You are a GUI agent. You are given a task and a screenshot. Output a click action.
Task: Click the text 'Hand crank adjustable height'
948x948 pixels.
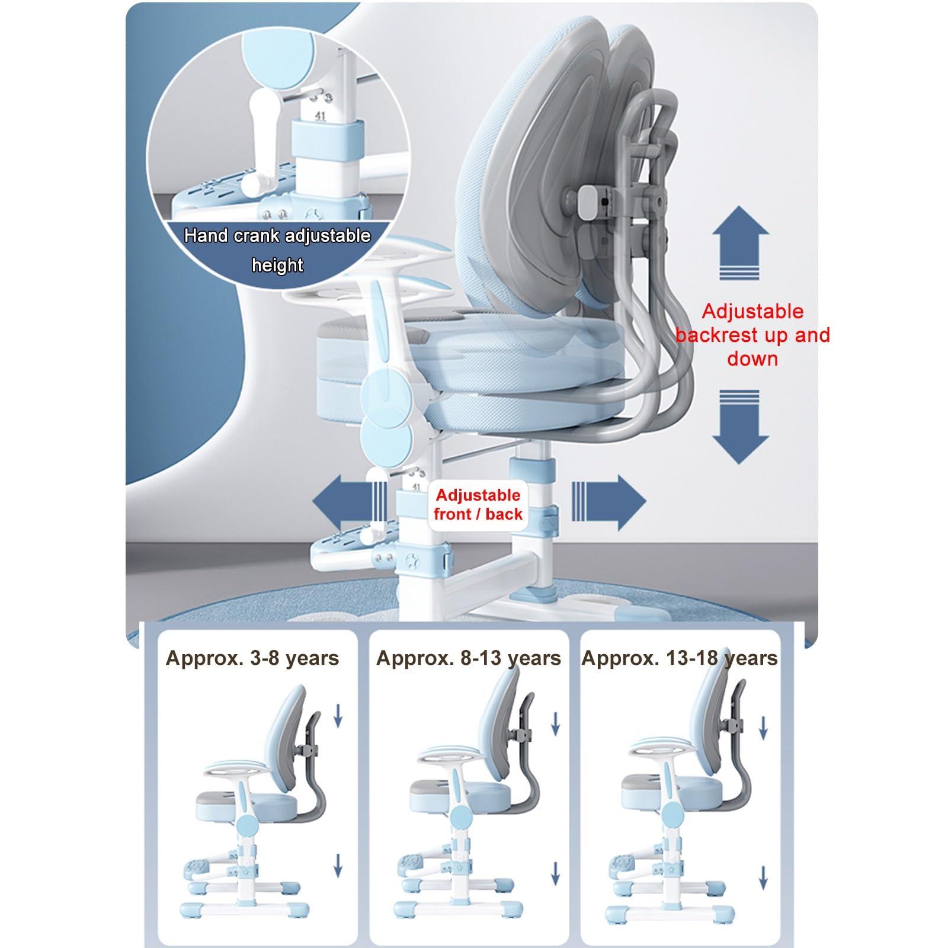(277, 250)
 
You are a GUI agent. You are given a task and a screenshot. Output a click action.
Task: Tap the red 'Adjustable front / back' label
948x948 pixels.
(478, 505)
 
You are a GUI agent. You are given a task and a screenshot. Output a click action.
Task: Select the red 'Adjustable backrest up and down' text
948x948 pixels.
(752, 335)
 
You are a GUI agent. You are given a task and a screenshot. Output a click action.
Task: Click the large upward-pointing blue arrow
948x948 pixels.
(741, 242)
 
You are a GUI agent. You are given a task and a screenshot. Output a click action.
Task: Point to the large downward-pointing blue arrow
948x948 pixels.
(741, 427)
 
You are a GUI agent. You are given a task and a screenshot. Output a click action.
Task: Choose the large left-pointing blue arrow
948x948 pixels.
(350, 502)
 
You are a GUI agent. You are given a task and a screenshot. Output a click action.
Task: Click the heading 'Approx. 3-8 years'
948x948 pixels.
(252, 658)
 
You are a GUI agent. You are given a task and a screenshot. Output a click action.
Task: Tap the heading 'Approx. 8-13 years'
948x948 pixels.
(469, 658)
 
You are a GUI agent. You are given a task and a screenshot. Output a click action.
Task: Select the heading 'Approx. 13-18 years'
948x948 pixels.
(680, 658)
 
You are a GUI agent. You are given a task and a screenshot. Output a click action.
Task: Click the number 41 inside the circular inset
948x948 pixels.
(321, 116)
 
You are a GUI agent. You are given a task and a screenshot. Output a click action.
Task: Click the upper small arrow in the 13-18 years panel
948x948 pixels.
(764, 727)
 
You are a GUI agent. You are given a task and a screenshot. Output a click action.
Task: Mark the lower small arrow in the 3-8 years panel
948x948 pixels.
(338, 866)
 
